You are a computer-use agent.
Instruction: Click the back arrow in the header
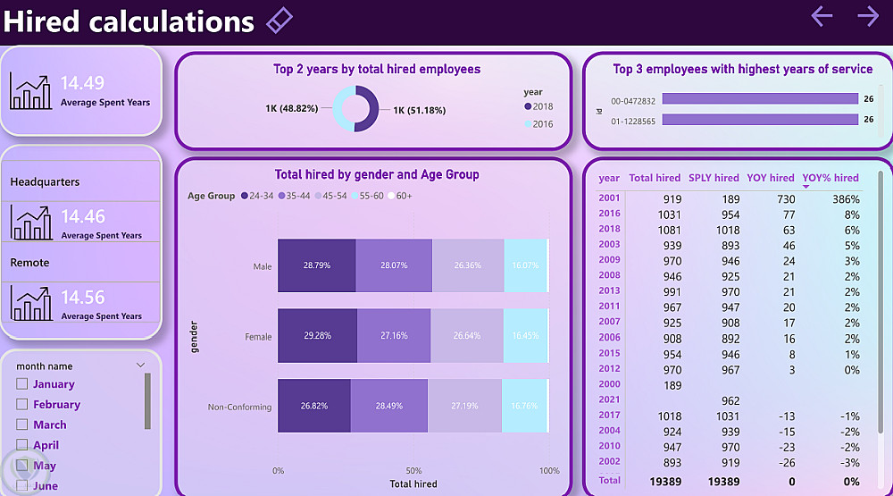coord(822,15)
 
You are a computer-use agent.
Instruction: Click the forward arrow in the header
coord(867,15)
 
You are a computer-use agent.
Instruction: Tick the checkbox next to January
coord(22,384)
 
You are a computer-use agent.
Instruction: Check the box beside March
coord(22,425)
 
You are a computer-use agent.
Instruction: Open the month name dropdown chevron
coord(140,366)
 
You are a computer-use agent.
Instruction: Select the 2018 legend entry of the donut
coord(538,106)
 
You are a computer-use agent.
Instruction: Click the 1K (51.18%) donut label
coord(420,110)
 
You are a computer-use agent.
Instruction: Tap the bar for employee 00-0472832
coord(760,100)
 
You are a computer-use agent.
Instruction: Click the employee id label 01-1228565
coord(633,121)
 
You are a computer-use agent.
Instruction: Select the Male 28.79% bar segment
coord(316,265)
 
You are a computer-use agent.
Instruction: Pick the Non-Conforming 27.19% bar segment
coord(464,406)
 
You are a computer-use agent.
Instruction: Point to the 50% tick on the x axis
coord(413,470)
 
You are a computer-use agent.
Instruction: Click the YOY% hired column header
coord(830,178)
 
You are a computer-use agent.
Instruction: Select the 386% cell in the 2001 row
coord(846,199)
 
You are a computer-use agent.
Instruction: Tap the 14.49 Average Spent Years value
coord(82,83)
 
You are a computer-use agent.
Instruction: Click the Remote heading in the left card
coord(29,263)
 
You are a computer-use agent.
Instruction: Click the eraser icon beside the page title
coord(280,20)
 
